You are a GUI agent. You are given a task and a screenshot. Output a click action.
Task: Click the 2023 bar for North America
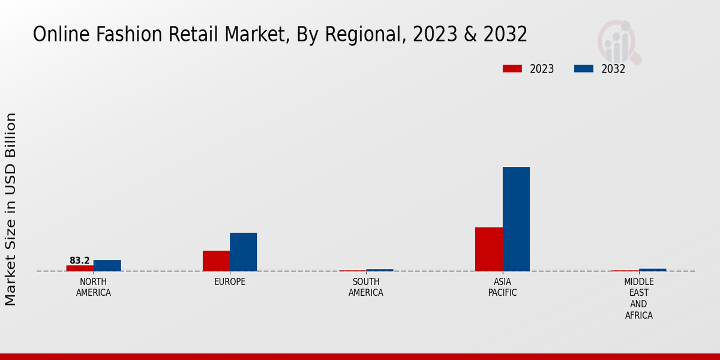coord(80,268)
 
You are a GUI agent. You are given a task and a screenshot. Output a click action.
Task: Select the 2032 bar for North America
coord(107,265)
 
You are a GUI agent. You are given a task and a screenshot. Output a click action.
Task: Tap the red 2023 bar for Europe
coord(216,260)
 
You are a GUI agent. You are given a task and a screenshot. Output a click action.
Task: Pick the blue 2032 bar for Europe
coord(243,252)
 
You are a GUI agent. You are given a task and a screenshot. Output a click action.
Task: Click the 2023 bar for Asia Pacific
coord(488,249)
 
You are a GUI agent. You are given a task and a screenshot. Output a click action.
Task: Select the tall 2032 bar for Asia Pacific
coord(516,219)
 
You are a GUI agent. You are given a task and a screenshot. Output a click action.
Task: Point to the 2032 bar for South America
coord(380,270)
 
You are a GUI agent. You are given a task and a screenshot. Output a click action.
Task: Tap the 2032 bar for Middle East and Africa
coord(652,269)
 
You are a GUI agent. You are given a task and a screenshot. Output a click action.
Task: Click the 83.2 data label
coord(79,260)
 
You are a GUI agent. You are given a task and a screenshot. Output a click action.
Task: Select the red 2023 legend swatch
coord(512,69)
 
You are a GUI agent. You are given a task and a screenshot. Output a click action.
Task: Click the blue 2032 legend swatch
coord(583,69)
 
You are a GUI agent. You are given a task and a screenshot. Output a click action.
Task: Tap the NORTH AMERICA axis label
coord(93,287)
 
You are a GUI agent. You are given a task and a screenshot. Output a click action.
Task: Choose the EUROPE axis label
coord(230,282)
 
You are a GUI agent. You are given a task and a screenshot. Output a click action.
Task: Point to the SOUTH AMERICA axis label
coord(366,287)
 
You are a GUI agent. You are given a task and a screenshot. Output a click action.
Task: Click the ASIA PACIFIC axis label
coord(502,287)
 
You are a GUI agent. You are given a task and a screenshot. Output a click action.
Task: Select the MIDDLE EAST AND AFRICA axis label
coord(638,298)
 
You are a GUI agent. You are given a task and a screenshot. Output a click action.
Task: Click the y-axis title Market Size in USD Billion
coord(11,209)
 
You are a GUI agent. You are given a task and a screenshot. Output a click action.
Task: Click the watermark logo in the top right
coord(619,41)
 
